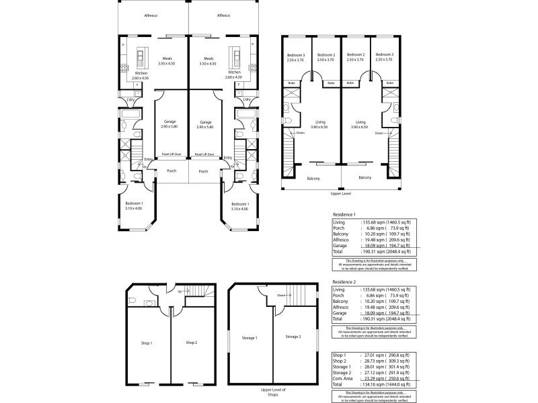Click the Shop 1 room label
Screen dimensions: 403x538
pyautogui.click(x=147, y=343)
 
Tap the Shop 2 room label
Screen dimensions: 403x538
pyautogui.click(x=192, y=343)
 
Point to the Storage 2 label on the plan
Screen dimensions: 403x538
pyautogui.click(x=293, y=337)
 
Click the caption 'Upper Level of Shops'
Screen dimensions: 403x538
pyautogui.click(x=272, y=392)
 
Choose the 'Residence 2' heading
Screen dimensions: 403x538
pyautogui.click(x=344, y=283)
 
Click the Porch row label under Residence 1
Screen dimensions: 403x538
pyautogui.click(x=340, y=227)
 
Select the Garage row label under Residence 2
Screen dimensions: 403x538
pyautogui.click(x=340, y=312)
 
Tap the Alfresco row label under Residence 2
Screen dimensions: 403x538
pyautogui.click(x=342, y=306)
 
